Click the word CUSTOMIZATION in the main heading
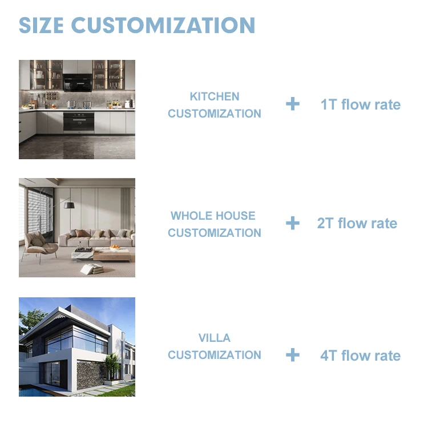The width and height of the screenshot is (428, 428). [x=163, y=26]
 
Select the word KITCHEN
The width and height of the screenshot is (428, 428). [x=215, y=96]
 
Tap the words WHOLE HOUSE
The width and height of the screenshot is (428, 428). [x=213, y=216]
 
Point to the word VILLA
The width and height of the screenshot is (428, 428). [x=215, y=338]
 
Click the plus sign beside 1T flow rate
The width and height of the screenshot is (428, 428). [x=293, y=104]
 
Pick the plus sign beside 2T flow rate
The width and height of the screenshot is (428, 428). [x=293, y=223]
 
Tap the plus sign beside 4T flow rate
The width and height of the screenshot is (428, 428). [x=293, y=355]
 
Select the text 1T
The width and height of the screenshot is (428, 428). [x=329, y=105]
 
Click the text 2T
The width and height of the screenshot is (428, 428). [x=325, y=223]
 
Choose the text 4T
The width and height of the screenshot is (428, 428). [x=329, y=356]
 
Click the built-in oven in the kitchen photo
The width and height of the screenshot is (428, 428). [x=78, y=122]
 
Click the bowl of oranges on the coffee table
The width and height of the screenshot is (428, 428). [x=115, y=248]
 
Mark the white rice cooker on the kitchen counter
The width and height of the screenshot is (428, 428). [x=129, y=104]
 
